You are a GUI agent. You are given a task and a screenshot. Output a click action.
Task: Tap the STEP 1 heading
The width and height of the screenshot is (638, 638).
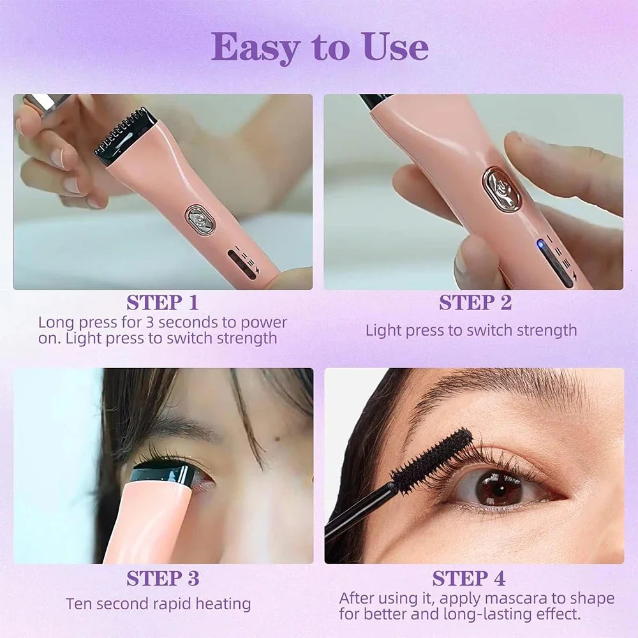(x=163, y=302)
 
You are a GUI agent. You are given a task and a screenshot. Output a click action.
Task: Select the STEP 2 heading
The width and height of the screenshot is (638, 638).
(x=475, y=303)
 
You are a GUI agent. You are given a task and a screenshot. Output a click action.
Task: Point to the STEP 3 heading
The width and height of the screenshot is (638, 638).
(x=163, y=579)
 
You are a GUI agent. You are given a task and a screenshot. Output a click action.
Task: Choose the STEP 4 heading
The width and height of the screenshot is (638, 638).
(x=469, y=579)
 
